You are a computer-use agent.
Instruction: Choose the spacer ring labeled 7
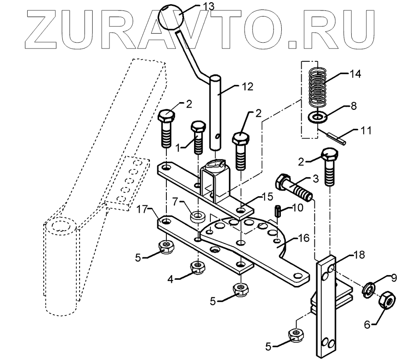tap(197, 215)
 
